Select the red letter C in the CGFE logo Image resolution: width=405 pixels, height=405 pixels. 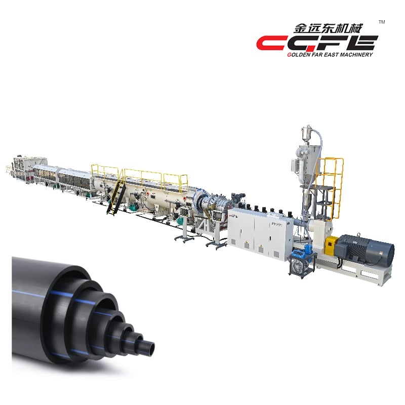point(272,43)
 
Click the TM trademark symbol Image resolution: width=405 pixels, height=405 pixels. point(382,22)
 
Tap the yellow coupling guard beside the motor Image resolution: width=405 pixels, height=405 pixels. point(331,244)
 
